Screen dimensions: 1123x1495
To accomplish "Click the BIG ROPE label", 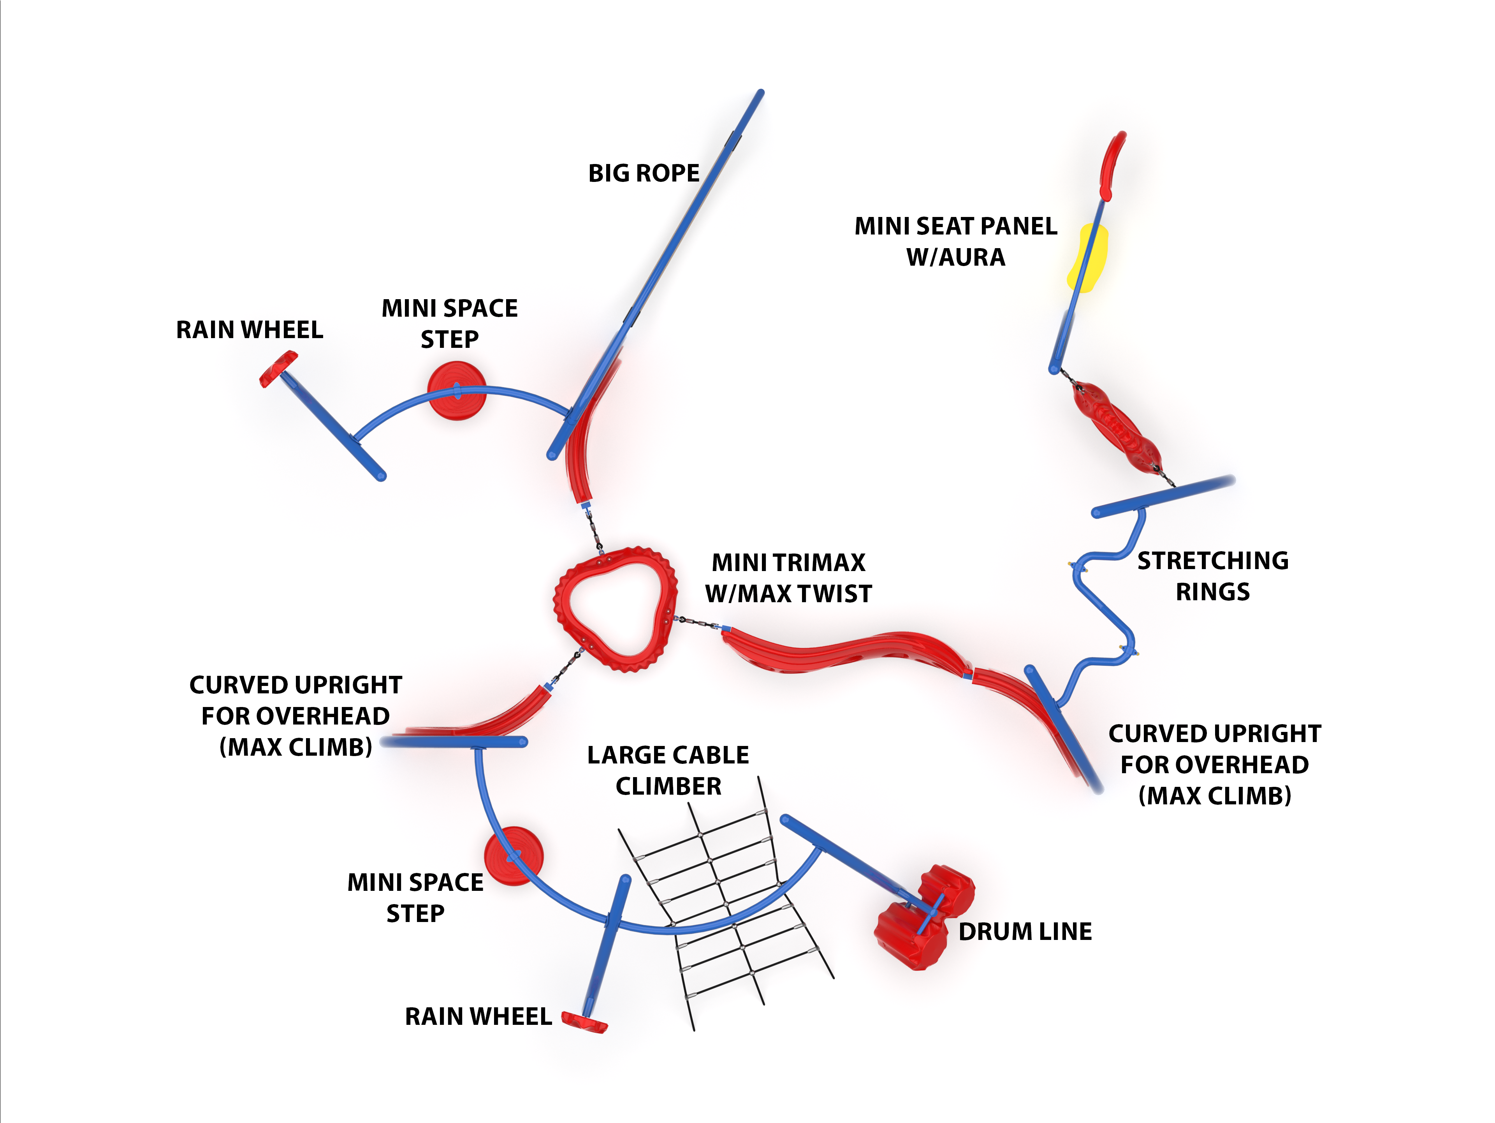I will (x=644, y=173).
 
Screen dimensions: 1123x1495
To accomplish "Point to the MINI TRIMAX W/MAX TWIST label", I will (x=788, y=578).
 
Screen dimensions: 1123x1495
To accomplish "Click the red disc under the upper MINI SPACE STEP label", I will (x=456, y=391).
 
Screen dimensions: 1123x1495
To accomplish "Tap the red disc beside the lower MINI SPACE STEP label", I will (x=514, y=856).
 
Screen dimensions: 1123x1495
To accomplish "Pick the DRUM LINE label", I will (x=1025, y=932).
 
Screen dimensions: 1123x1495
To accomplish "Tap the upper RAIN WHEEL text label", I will (x=250, y=330).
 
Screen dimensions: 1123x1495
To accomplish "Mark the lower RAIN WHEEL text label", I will (x=478, y=1017).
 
